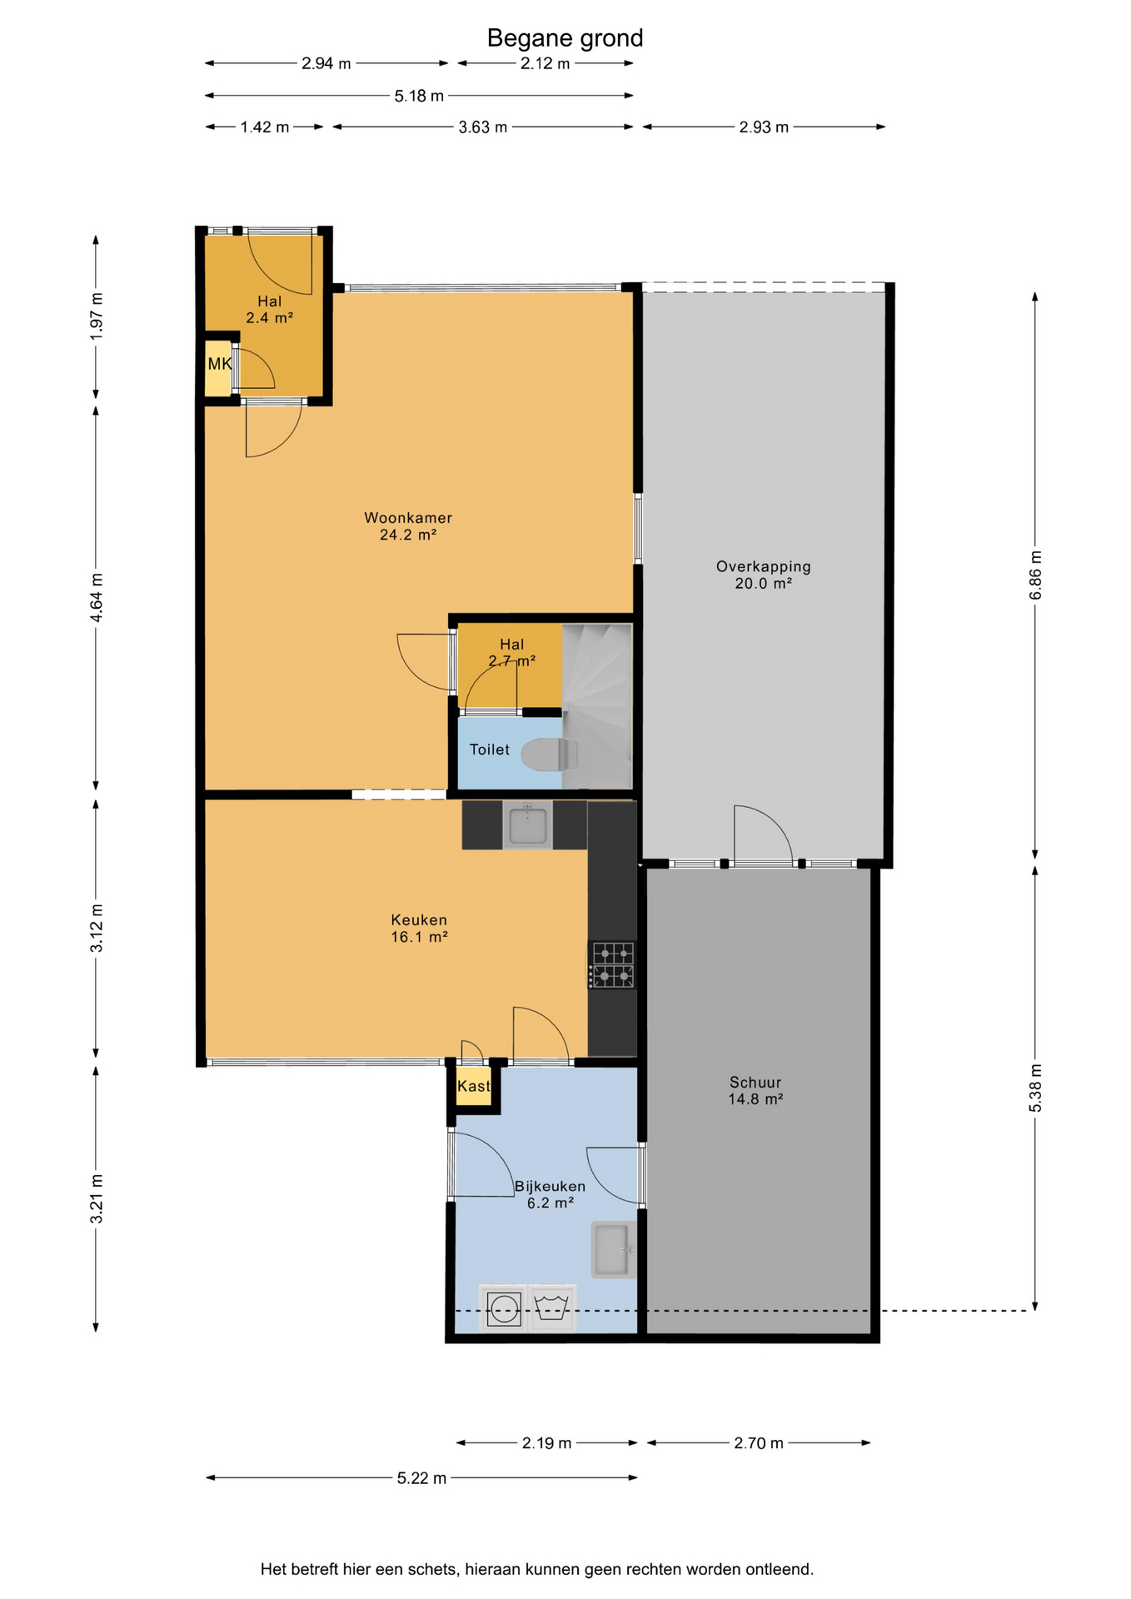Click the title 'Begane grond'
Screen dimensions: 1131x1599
point(565,38)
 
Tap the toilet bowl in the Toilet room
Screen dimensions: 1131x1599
point(550,755)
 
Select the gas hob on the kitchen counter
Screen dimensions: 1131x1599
point(612,965)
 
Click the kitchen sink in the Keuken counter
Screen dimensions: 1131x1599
point(527,824)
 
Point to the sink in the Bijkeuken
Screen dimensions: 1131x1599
point(614,1249)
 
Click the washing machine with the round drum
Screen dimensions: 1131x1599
point(504,1308)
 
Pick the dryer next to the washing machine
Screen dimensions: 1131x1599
point(552,1308)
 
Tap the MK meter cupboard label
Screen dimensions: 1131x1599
point(219,364)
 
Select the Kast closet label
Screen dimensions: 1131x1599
point(474,1086)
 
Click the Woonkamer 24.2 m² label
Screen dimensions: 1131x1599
point(408,526)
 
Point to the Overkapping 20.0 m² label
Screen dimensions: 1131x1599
point(763,575)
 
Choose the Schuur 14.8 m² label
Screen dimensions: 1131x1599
point(755,1090)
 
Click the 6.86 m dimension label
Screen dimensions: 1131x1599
point(1035,575)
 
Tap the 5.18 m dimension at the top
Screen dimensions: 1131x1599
point(419,96)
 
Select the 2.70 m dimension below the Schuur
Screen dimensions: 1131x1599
point(759,1442)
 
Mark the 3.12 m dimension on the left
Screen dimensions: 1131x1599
point(97,928)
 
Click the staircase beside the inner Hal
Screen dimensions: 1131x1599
point(597,706)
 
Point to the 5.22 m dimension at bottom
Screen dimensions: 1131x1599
point(421,1477)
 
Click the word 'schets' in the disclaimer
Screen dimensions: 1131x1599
point(433,1569)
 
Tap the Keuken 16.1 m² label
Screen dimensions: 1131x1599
point(419,929)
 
